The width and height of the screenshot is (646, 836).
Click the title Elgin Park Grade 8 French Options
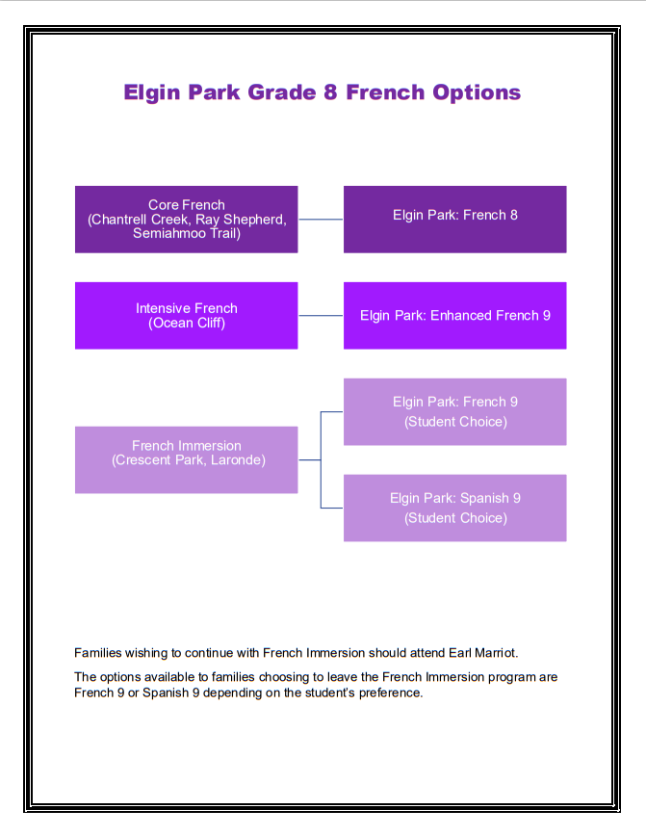tap(322, 92)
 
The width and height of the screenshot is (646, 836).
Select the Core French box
tap(186, 220)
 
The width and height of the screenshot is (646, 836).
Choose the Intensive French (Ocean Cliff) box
tap(186, 315)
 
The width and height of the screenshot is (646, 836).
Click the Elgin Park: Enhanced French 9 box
tap(454, 315)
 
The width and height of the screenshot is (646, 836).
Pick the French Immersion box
tap(186, 459)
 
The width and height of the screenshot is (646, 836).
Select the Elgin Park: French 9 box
tap(454, 411)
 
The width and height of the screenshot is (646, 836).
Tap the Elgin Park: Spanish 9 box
tap(454, 508)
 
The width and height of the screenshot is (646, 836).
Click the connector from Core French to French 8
tap(321, 220)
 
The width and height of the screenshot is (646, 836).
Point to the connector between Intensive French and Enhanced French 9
tap(321, 315)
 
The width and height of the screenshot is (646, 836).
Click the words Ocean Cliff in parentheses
tap(187, 323)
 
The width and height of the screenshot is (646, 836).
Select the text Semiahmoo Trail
tap(187, 233)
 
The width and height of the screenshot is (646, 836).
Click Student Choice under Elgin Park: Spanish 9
tap(455, 518)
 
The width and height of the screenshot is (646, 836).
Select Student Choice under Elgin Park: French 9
tap(455, 422)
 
